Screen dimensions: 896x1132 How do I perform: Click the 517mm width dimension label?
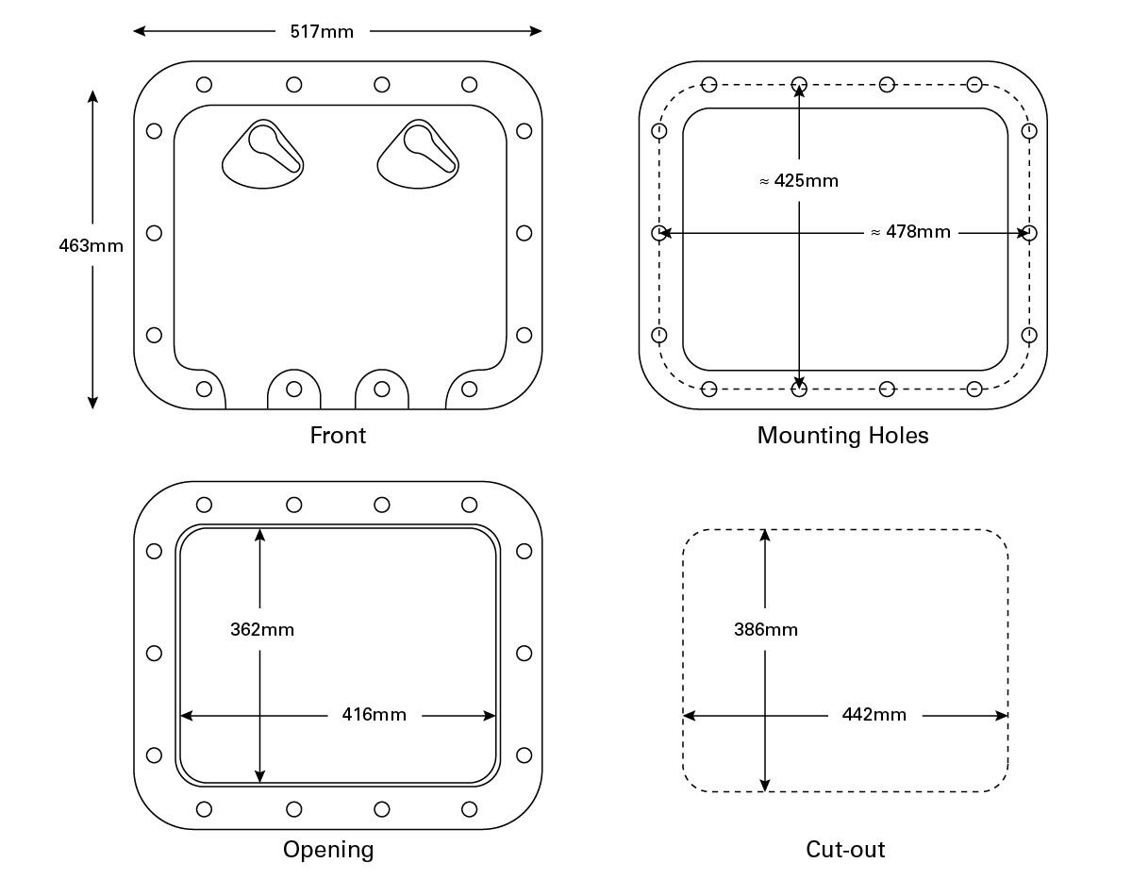(x=321, y=31)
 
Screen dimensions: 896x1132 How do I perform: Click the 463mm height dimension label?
(x=92, y=246)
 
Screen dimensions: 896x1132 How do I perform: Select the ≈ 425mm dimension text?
(x=798, y=180)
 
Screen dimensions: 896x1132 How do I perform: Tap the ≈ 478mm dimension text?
(x=910, y=231)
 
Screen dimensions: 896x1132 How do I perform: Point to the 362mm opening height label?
(x=262, y=629)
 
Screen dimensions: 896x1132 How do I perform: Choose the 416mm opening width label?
(x=374, y=715)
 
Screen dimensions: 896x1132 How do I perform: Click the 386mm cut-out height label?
(x=766, y=629)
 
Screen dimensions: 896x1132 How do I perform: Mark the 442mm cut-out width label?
(x=874, y=715)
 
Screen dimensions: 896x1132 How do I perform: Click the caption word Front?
(x=338, y=435)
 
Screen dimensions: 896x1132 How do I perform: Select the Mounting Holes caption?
(x=842, y=435)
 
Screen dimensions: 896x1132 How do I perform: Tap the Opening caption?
(x=328, y=850)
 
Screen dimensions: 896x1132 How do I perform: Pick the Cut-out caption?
(x=845, y=850)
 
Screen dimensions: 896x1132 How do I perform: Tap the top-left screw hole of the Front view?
(x=204, y=85)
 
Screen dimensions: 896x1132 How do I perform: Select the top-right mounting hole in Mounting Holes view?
(x=974, y=85)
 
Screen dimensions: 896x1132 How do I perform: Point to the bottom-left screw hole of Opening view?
(x=204, y=809)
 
